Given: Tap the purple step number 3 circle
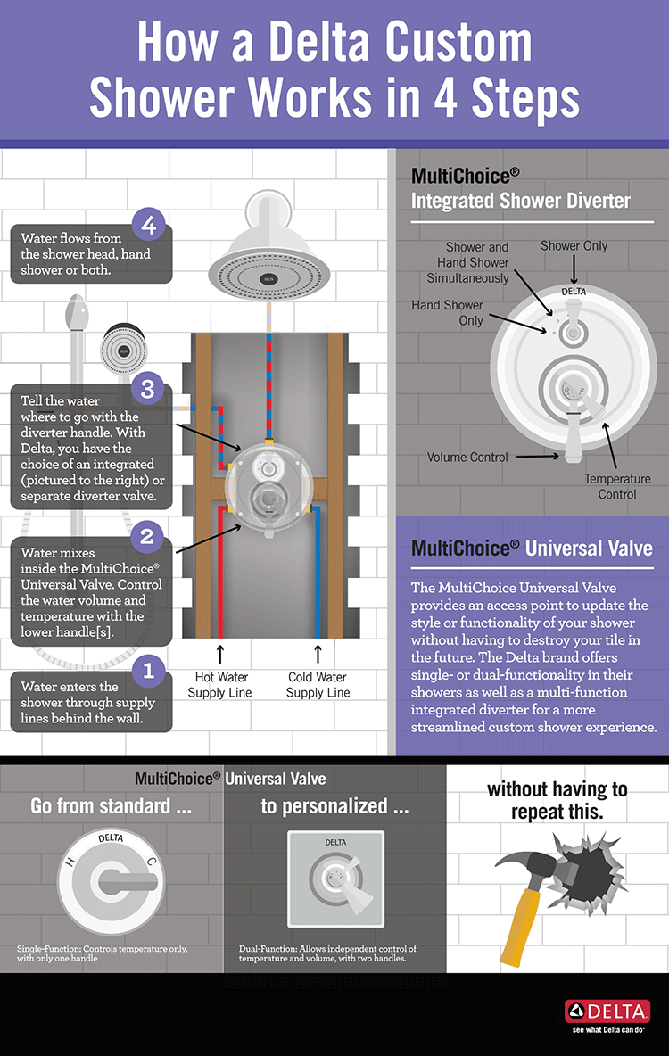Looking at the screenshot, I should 148,390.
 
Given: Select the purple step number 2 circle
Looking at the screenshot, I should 148,538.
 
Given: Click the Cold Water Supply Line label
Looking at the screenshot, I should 318,685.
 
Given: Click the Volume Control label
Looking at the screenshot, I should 467,458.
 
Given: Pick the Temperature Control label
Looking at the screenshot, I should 617,486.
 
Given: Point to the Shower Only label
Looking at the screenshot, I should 574,246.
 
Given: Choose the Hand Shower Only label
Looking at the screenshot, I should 447,312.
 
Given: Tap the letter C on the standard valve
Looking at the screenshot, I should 151,862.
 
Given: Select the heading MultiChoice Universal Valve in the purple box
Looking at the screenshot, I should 532,548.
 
